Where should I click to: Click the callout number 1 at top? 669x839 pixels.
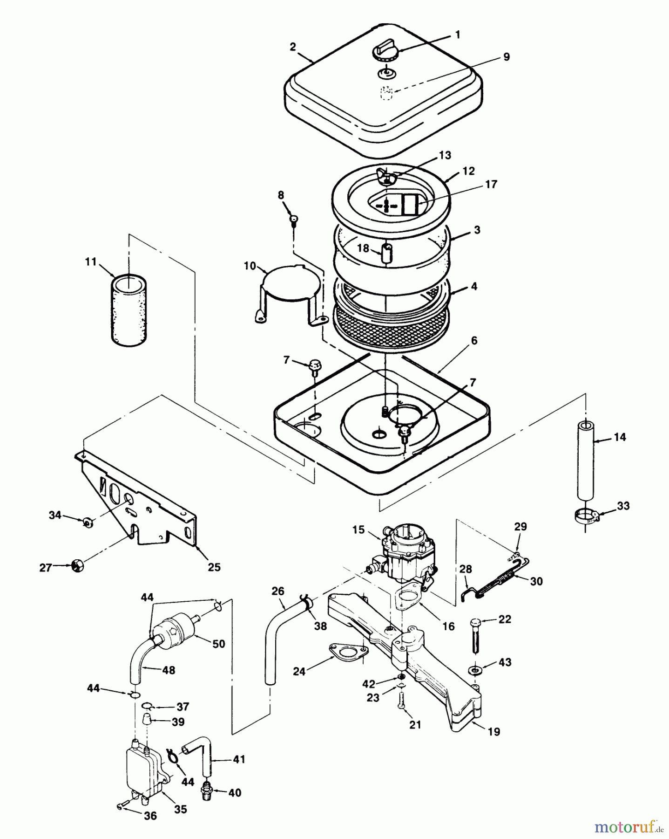pyautogui.click(x=457, y=35)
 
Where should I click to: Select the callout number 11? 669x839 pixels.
pyautogui.click(x=90, y=262)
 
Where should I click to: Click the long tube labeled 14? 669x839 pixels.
pyautogui.click(x=585, y=462)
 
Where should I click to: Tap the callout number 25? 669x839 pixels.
pyautogui.click(x=214, y=567)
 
